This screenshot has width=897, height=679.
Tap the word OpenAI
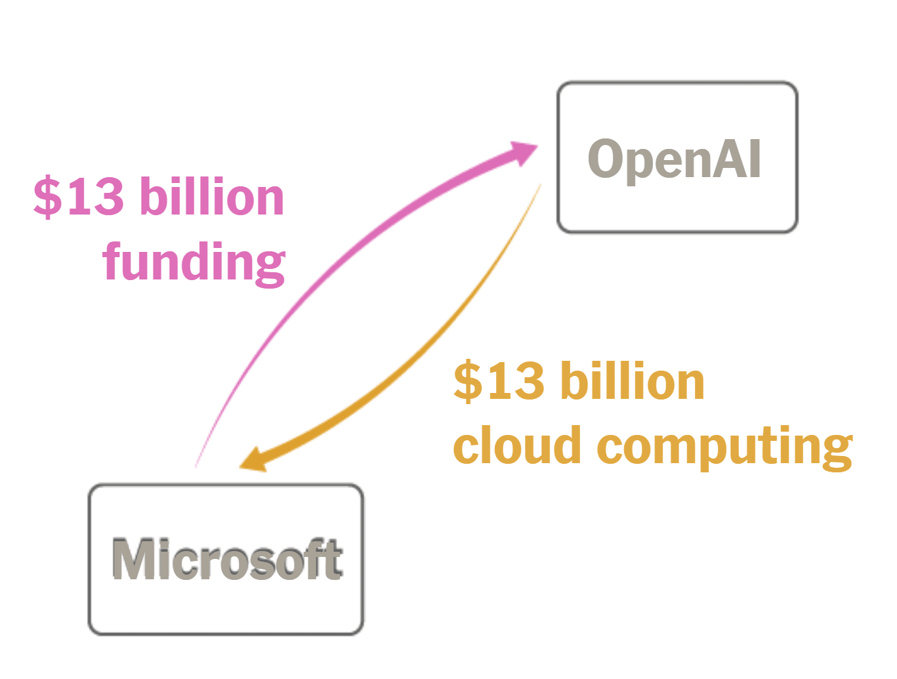[x=674, y=159]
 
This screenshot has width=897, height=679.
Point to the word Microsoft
[x=226, y=560]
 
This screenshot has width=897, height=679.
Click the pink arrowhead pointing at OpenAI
[x=522, y=153]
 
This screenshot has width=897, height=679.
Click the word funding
[x=194, y=262]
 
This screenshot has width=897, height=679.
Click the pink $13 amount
[x=79, y=196]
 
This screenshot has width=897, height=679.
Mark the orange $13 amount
[x=499, y=381]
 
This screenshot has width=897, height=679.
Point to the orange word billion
[x=633, y=381]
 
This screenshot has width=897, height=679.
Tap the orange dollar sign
[x=467, y=381]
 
